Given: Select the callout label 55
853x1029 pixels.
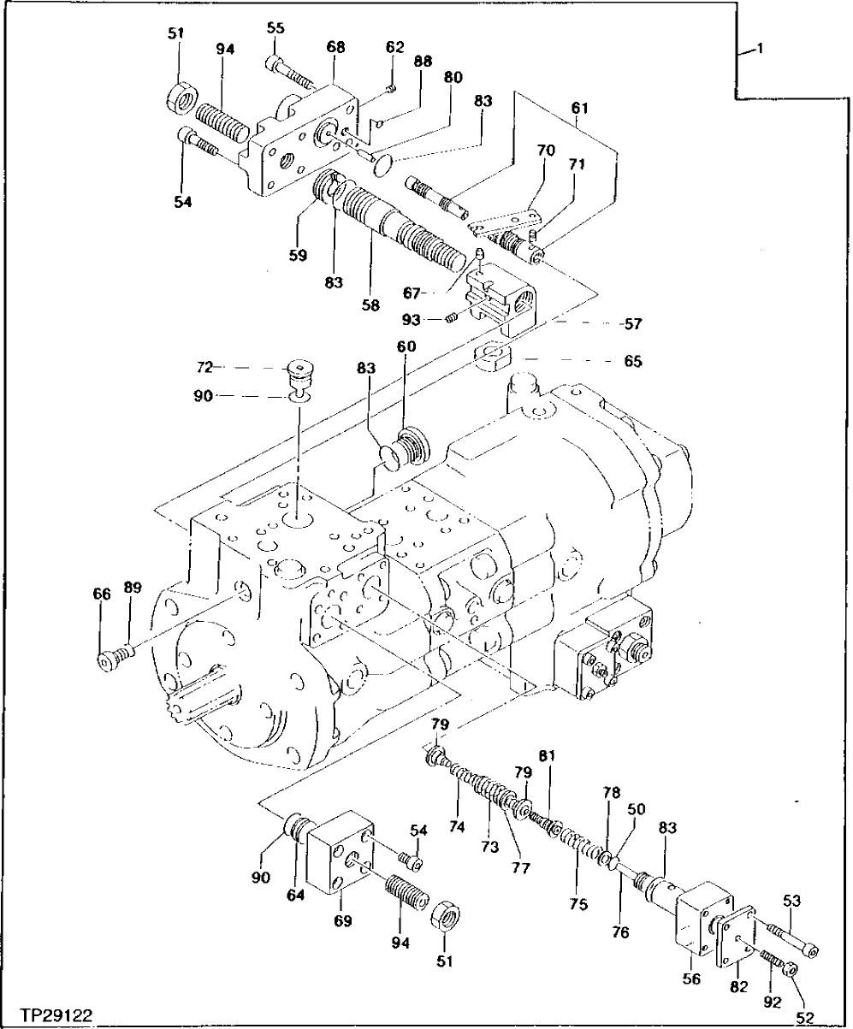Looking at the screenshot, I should tap(275, 29).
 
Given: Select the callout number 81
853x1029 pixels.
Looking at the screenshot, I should tap(546, 755).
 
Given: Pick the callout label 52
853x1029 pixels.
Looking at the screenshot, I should tap(804, 1017).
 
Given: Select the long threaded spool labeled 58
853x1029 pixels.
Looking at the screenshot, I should tap(402, 227).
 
